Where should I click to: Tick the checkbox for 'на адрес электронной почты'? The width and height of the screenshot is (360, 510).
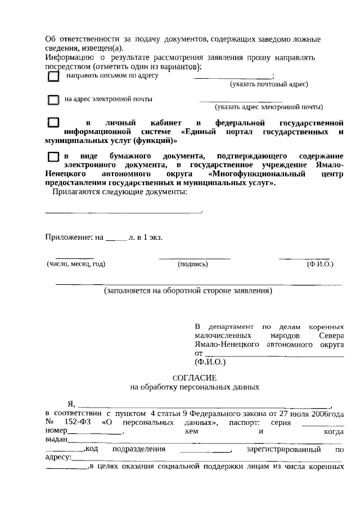coord(53,100)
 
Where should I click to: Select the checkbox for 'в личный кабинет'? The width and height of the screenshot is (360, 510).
coord(53,122)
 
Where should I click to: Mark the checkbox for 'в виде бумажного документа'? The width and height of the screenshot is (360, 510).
coord(53,156)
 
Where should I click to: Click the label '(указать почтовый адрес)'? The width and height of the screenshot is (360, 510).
coord(268,84)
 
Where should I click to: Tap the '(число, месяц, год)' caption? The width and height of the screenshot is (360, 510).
coord(76,263)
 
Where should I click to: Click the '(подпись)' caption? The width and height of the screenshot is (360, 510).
coord(192,263)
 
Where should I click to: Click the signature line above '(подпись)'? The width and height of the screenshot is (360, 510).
coord(194,258)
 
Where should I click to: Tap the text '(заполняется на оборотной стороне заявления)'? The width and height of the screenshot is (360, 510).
coord(188,291)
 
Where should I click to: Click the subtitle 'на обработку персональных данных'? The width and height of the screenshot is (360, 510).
coord(194,387)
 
